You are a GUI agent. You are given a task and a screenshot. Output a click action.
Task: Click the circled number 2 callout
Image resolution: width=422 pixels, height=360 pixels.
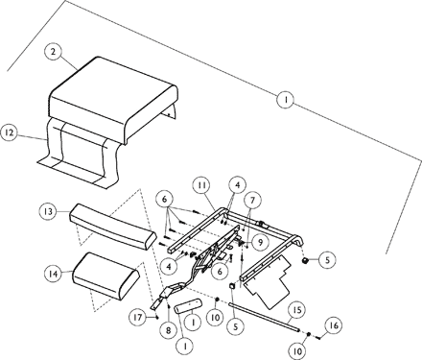[55, 50]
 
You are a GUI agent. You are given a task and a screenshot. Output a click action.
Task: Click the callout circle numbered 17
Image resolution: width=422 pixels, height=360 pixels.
[140, 316]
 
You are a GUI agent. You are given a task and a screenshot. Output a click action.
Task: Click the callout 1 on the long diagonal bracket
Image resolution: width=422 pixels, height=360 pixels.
[285, 99]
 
